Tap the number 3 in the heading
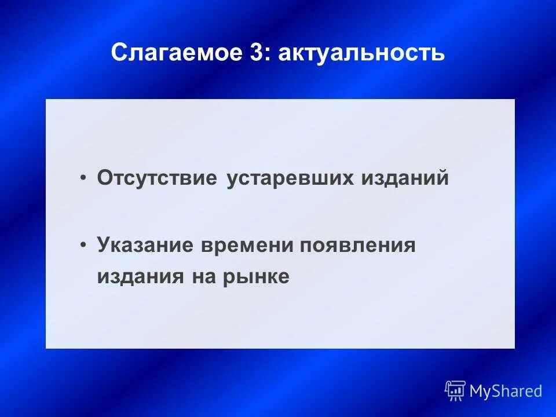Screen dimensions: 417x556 coord(256,53)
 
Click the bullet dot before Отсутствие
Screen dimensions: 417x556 coord(85,178)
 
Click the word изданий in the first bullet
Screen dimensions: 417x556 coord(405,177)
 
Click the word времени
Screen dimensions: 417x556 coord(248,244)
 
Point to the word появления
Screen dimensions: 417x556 coord(357,244)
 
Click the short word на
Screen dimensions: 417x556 coord(199,276)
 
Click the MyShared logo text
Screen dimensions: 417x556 coord(506,391)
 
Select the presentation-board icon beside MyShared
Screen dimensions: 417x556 coord(455,391)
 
